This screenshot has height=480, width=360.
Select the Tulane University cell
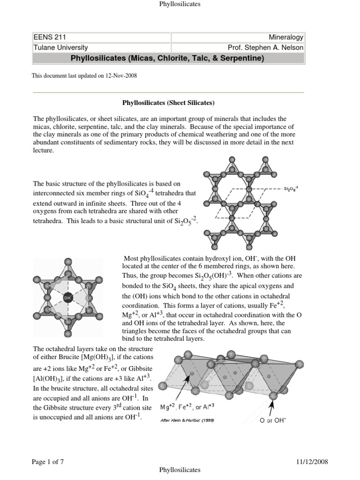(60, 47)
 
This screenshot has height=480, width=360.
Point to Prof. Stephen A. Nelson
(265, 47)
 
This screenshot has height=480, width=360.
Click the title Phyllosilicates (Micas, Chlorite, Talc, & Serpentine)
(167, 58)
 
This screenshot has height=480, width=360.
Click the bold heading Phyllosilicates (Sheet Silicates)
(168, 103)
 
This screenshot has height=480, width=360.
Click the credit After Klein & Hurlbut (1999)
(187, 420)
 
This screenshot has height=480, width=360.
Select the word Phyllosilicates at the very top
(180, 4)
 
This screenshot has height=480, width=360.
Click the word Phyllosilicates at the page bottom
(180, 469)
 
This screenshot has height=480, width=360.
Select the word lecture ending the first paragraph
(43, 151)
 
